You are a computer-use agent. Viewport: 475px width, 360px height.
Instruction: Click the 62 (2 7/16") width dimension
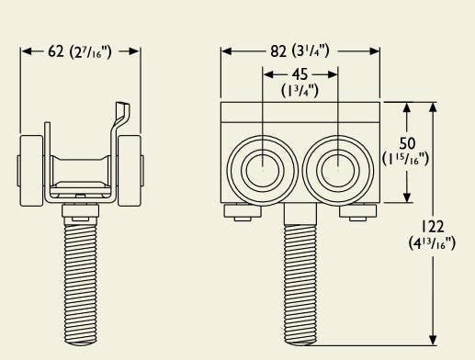coord(80,51)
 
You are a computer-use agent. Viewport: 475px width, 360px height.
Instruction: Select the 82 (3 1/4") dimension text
coord(300,51)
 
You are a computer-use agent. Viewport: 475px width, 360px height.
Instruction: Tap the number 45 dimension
coord(300,75)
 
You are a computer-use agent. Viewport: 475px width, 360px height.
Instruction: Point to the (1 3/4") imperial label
coord(300,90)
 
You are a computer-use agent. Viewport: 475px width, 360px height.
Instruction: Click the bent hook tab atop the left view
coord(119,118)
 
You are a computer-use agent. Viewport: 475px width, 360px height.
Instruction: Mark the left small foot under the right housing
coord(242,213)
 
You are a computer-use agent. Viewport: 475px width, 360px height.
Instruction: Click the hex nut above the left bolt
coord(81,213)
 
